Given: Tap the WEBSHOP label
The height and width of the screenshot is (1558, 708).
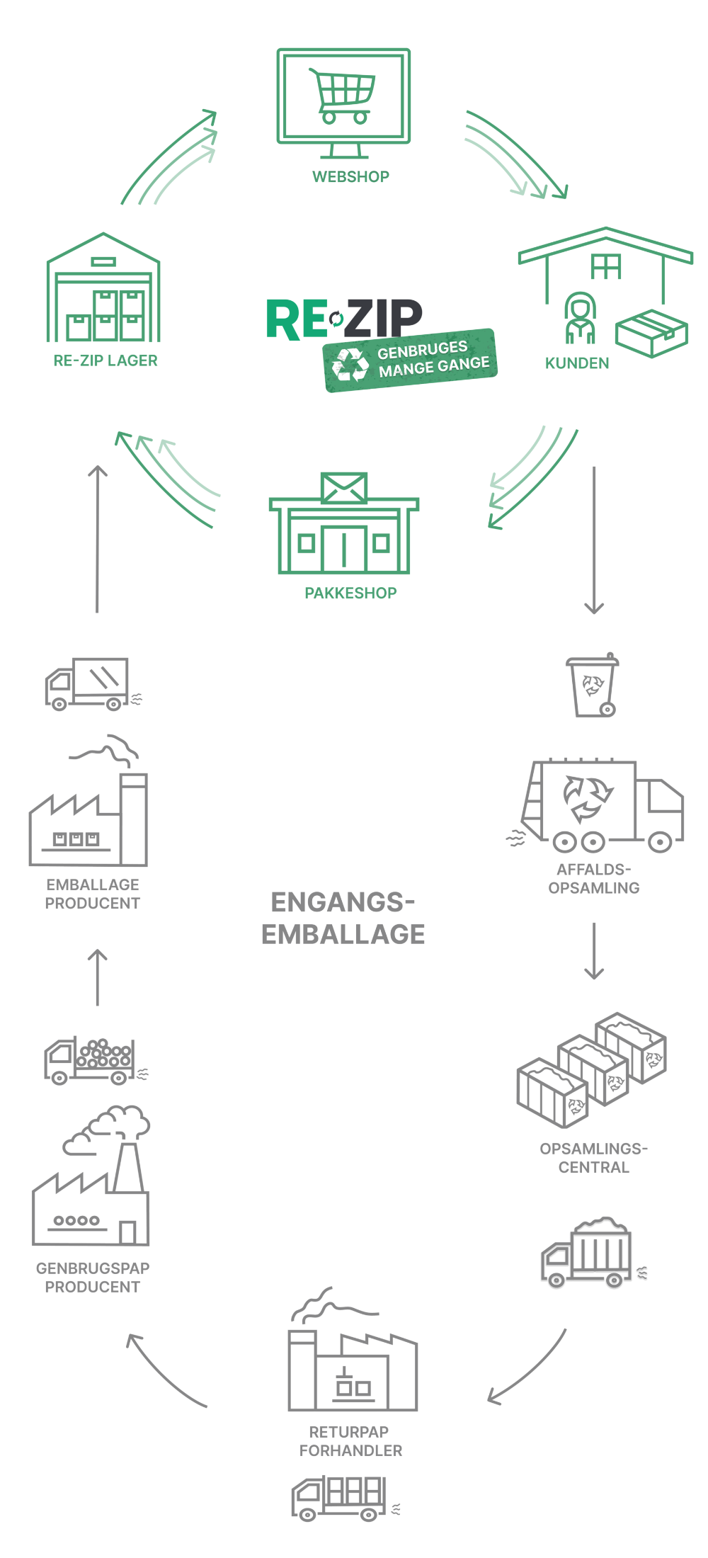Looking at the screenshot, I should (350, 177).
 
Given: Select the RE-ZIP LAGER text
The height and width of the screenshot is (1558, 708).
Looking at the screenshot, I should (105, 360).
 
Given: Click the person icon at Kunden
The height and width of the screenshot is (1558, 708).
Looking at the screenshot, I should (580, 318).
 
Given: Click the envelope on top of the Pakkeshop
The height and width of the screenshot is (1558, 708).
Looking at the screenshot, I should (344, 488).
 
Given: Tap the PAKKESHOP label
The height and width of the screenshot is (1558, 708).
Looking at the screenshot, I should (350, 593).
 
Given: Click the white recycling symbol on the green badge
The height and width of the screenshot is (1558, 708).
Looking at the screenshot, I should (350, 364).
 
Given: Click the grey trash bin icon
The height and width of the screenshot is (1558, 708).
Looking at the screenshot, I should (593, 685).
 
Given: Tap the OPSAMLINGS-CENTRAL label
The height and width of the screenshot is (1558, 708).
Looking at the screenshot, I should (593, 1158).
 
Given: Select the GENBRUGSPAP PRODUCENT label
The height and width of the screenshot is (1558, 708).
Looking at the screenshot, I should (93, 1277).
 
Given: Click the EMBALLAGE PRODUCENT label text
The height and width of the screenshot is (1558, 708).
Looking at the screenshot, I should (93, 894).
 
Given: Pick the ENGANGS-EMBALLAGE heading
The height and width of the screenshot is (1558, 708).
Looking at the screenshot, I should (343, 919).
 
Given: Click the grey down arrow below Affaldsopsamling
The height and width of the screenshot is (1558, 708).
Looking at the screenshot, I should (594, 950).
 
